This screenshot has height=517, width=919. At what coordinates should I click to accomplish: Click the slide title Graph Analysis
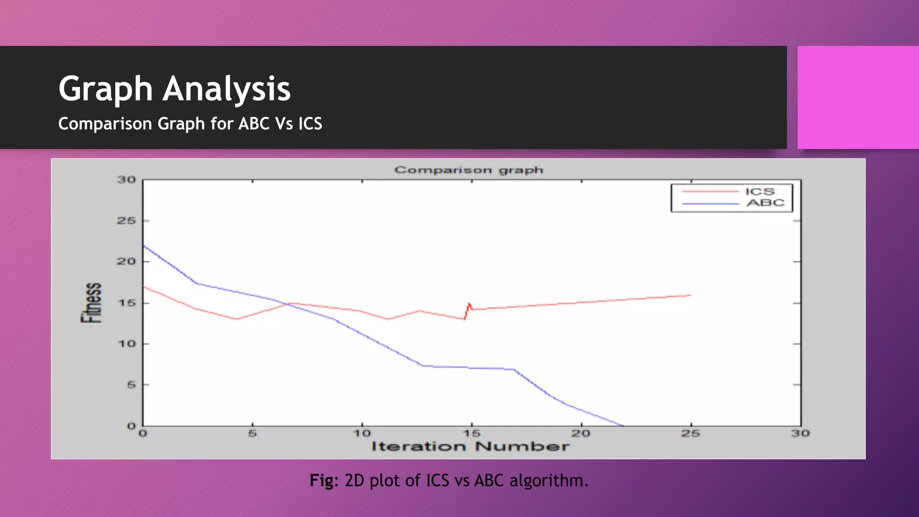point(175,89)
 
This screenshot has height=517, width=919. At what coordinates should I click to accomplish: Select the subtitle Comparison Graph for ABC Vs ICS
point(190,124)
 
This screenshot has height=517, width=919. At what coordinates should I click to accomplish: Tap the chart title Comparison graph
point(469,170)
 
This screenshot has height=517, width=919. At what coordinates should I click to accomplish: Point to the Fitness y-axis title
point(91,303)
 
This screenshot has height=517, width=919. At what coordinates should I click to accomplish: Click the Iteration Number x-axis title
point(470,447)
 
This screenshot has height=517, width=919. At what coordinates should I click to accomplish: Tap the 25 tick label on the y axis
point(126,221)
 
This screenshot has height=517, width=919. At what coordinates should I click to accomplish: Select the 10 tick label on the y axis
point(126,344)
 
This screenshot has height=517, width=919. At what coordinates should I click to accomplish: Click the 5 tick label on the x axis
point(252,434)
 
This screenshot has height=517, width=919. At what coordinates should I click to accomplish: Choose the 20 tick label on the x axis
point(581,434)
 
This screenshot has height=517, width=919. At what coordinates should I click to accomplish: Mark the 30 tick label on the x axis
point(800,434)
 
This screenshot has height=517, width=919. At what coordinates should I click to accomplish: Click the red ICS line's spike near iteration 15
point(469,304)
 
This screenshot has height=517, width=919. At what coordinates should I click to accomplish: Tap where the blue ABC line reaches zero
point(623,425)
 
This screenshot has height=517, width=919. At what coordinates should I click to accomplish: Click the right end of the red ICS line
point(689,295)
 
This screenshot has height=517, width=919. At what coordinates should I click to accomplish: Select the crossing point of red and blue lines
point(287,304)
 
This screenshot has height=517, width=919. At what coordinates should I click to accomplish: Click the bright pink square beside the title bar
point(858,97)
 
